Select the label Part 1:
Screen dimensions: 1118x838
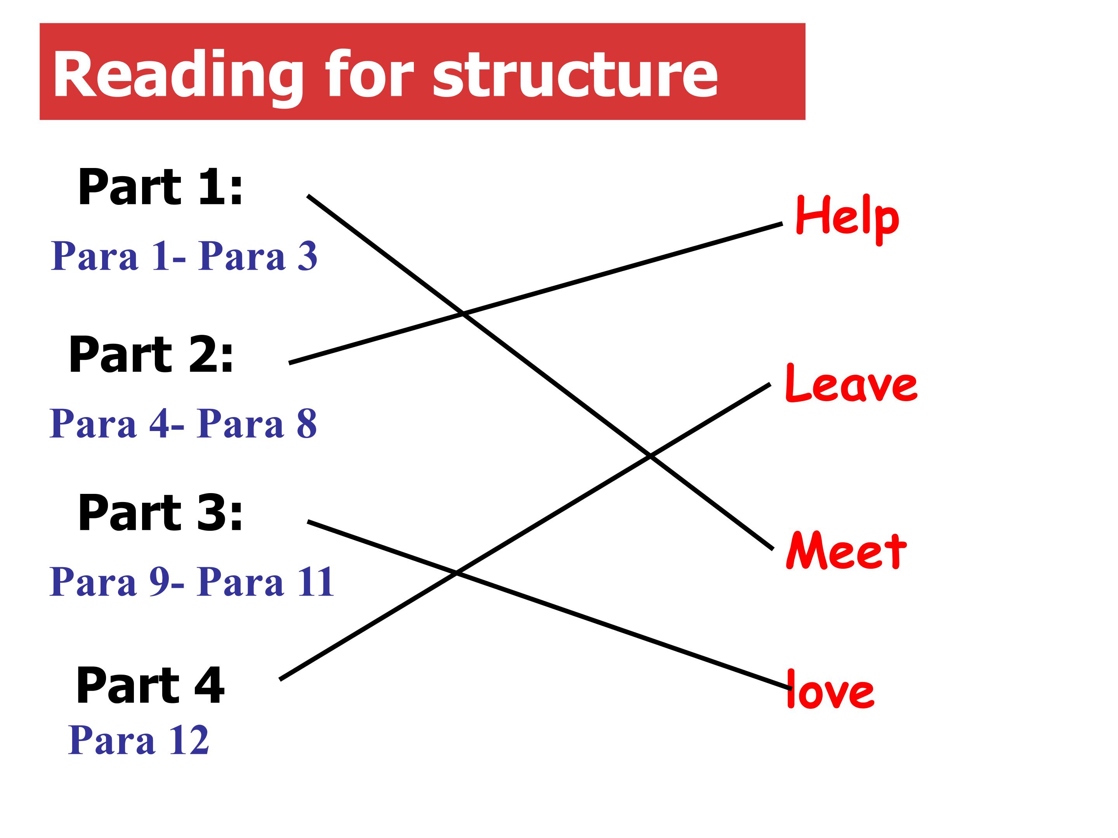pos(161,187)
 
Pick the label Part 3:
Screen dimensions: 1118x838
pos(161,513)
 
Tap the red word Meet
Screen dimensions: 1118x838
pos(846,551)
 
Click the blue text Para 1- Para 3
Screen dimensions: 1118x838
pos(184,256)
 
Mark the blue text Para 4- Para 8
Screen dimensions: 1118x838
pos(183,423)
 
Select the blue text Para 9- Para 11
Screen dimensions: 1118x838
pos(191,582)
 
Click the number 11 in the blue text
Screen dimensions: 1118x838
pos(316,582)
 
